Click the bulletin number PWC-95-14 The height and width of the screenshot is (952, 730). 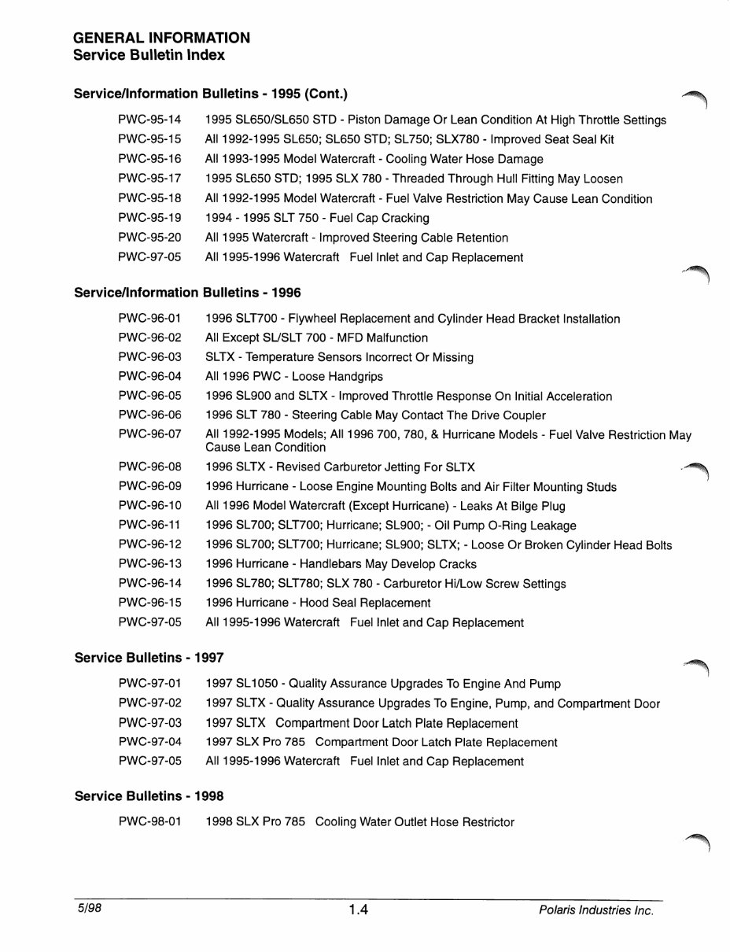click(149, 120)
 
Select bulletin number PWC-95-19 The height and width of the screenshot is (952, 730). click(149, 218)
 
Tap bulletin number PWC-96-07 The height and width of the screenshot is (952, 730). click(149, 434)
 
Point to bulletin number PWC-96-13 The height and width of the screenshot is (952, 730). click(149, 564)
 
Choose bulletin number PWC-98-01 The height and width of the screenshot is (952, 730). click(149, 822)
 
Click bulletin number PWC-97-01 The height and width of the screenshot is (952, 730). click(149, 684)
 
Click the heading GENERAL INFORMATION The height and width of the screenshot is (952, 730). click(161, 38)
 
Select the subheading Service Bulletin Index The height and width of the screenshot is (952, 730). click(149, 55)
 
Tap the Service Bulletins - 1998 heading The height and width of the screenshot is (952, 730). click(149, 795)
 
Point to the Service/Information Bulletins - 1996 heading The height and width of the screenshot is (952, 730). click(187, 293)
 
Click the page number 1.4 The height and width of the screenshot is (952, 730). click(359, 910)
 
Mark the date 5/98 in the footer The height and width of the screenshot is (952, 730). click(87, 909)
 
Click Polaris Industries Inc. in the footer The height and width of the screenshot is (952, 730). click(596, 910)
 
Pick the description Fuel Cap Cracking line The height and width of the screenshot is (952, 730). click(317, 218)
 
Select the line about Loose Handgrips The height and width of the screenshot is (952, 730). click(283, 377)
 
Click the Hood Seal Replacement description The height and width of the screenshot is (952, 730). click(318, 603)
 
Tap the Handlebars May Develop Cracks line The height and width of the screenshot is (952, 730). click(341, 564)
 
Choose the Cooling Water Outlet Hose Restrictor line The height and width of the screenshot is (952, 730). click(359, 822)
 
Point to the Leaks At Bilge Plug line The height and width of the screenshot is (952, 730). click(385, 506)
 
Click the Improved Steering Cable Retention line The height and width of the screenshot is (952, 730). click(356, 238)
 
